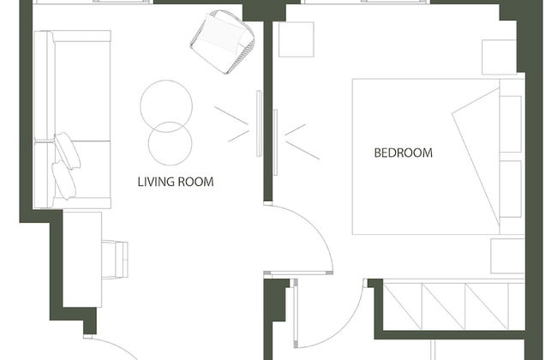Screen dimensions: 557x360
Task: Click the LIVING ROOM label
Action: click(x=176, y=182)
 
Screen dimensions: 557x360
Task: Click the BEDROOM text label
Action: click(x=404, y=153)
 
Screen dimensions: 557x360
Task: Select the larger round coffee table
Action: click(x=166, y=106)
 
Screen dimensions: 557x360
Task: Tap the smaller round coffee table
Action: click(x=171, y=144)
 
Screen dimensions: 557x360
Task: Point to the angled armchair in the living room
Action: click(x=223, y=42)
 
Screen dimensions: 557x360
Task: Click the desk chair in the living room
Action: click(x=115, y=260)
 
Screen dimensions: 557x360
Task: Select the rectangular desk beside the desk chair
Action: click(x=82, y=260)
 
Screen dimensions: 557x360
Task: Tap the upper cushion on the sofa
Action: click(x=67, y=151)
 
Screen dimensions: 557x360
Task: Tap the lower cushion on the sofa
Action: click(x=64, y=181)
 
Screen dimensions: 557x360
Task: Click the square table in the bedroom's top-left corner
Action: click(x=296, y=39)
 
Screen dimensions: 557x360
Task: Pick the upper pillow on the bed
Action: click(x=511, y=124)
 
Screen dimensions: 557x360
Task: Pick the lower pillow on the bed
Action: click(x=511, y=189)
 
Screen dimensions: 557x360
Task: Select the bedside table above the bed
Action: click(x=499, y=57)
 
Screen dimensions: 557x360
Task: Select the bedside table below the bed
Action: click(x=507, y=256)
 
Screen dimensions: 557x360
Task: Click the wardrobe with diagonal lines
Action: click(x=454, y=305)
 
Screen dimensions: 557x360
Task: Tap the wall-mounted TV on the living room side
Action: click(x=260, y=123)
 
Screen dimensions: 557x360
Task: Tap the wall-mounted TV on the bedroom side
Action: click(x=275, y=142)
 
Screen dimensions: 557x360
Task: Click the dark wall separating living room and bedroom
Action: click(x=268, y=111)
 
